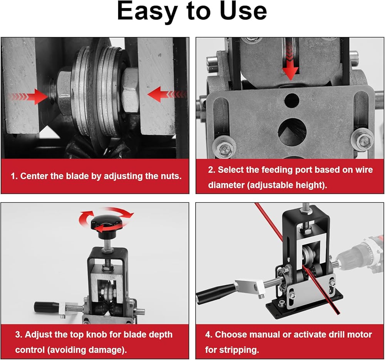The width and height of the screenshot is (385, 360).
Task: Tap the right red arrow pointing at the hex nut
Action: pyautogui.click(x=167, y=94)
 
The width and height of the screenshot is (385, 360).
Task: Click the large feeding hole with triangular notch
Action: pyautogui.click(x=291, y=132)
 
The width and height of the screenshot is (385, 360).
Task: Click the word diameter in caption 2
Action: pyautogui.click(x=226, y=185)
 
